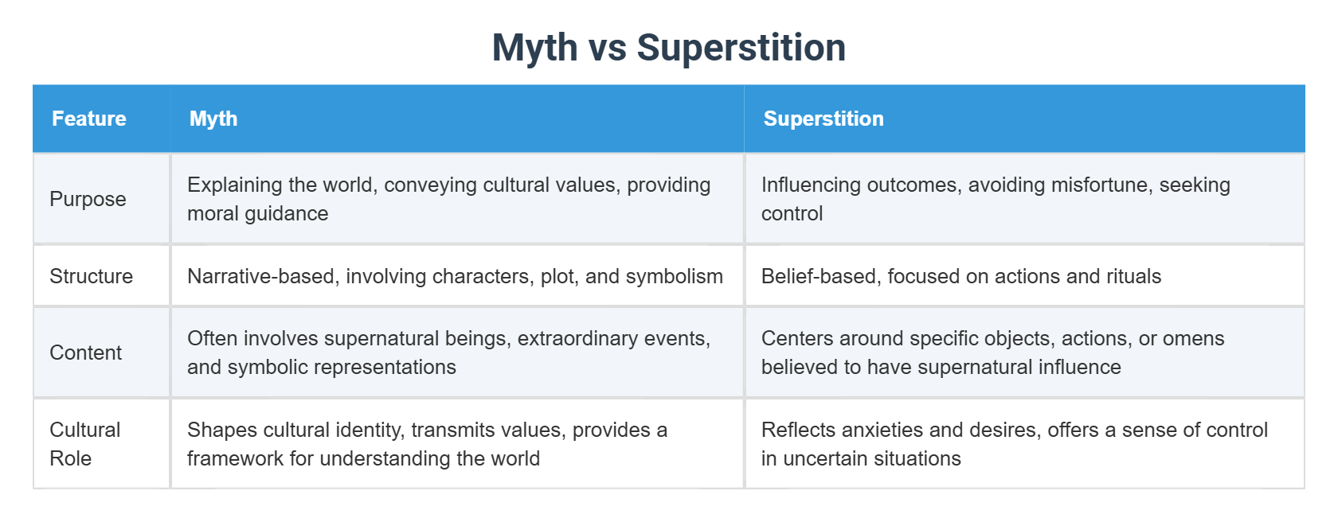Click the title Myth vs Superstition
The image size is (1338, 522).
click(x=668, y=48)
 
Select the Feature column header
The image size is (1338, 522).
click(x=89, y=119)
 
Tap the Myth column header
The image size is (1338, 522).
click(x=213, y=119)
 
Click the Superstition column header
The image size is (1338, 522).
click(x=823, y=119)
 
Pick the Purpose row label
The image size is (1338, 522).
click(x=88, y=199)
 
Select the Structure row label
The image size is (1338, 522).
click(x=91, y=276)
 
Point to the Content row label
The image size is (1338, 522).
click(x=85, y=353)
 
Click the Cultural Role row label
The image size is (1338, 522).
click(x=84, y=444)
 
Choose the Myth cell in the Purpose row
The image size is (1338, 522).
click(x=448, y=199)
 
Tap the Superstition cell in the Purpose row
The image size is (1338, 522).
click(x=996, y=199)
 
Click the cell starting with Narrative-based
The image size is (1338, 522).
click(x=455, y=276)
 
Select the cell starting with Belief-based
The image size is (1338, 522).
click(x=960, y=276)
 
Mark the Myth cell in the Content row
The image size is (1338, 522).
click(x=448, y=353)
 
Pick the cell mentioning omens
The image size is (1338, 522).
click(x=992, y=353)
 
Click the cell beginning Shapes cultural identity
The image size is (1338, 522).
click(x=427, y=444)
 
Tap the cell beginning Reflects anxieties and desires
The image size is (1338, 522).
click(x=1014, y=444)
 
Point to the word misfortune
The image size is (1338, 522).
click(x=1099, y=185)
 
